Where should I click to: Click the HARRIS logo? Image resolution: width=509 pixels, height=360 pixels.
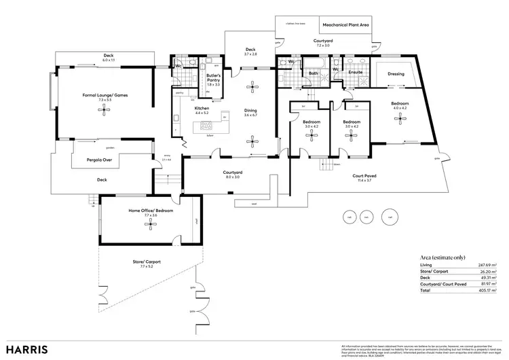click(x=28, y=349)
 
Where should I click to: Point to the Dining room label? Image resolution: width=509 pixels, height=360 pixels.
click(x=250, y=110)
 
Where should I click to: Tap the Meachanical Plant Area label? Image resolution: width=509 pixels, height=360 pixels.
click(x=345, y=24)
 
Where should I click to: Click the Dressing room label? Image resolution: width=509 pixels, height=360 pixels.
click(x=396, y=73)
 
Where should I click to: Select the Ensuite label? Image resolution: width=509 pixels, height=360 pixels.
click(x=356, y=72)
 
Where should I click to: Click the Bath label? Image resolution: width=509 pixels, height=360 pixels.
click(x=314, y=73)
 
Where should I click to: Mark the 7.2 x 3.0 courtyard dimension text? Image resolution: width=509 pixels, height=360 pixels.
click(x=322, y=46)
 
